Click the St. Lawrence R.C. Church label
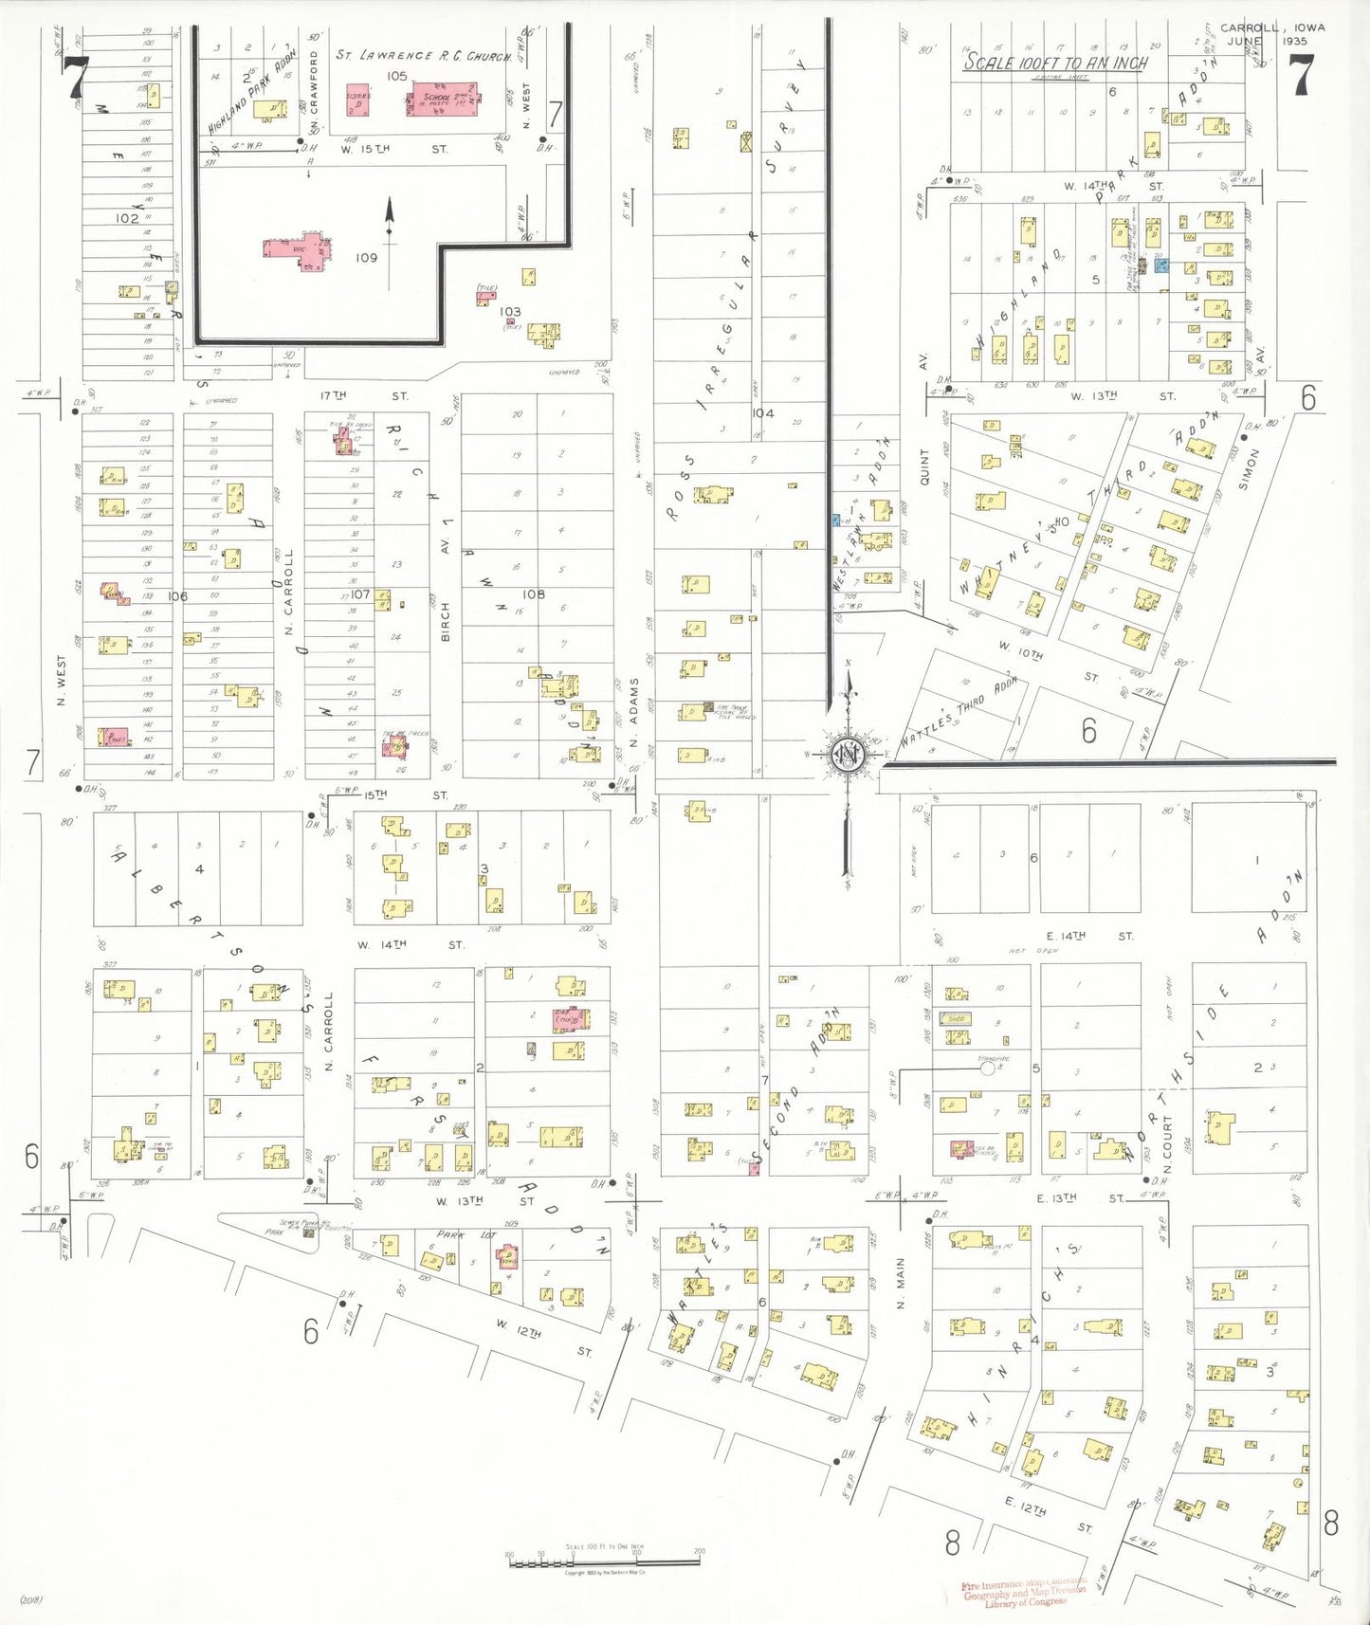point(423,55)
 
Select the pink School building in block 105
point(442,98)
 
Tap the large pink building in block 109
point(300,249)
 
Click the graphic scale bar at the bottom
point(604,1559)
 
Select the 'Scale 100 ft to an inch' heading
point(1055,63)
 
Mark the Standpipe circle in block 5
point(987,1068)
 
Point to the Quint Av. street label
point(924,466)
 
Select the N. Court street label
point(1168,1142)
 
